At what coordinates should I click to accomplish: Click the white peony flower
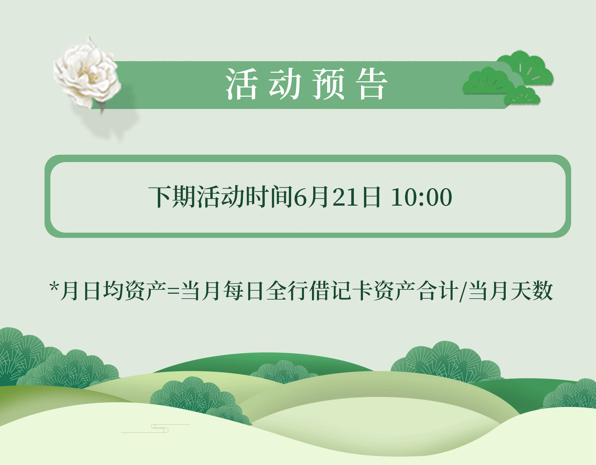coord(88,74)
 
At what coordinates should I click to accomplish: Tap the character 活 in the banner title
coord(241,84)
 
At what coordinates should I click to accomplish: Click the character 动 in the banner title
coord(285,84)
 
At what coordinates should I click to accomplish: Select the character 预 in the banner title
coord(328,84)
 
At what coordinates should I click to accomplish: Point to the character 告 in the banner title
coord(372,84)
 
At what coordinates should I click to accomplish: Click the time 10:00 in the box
coord(421,197)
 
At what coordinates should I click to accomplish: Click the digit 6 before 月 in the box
coord(301,197)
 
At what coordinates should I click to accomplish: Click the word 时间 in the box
coord(269,197)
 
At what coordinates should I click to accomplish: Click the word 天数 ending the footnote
coord(532,291)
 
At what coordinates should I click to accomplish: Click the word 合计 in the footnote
coord(438,291)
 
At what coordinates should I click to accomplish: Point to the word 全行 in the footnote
coord(287,291)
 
